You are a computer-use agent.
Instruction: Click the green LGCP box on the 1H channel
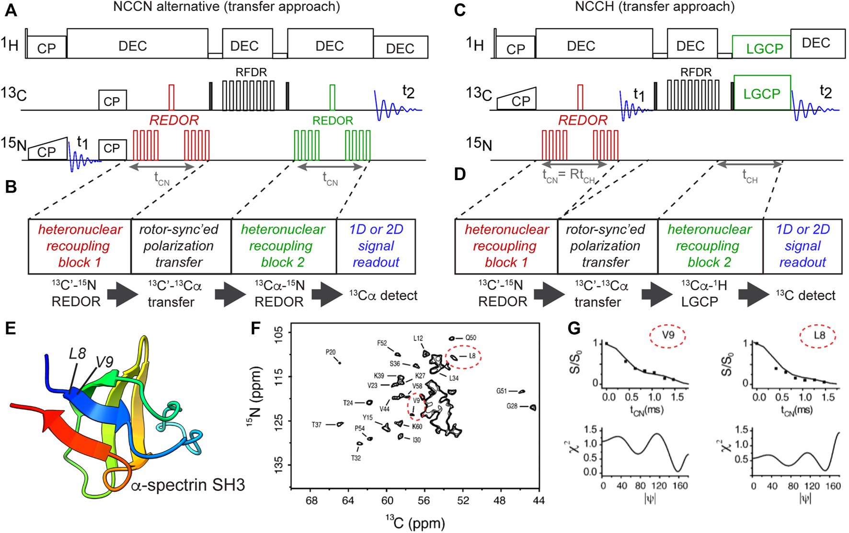761,47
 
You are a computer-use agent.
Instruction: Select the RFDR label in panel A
251,72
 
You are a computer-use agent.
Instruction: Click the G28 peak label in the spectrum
512,406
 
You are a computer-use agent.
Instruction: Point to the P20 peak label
331,352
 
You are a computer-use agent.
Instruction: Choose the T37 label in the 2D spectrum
317,425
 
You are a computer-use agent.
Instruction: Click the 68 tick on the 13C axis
311,500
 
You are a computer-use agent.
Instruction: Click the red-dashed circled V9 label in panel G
668,335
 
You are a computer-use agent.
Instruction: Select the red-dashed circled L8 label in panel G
819,335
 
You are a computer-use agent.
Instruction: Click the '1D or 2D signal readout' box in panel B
376,246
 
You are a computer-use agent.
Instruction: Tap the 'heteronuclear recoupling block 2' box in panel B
284,246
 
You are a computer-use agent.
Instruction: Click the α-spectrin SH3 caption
188,485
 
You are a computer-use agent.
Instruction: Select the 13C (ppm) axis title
415,522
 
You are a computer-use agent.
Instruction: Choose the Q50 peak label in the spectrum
470,338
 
